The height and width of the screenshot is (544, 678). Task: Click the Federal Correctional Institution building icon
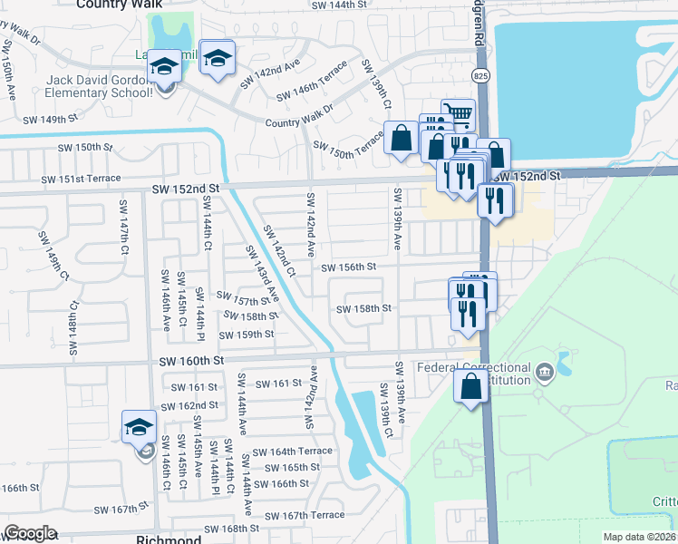[x=544, y=370]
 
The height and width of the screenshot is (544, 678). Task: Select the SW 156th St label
[x=348, y=267]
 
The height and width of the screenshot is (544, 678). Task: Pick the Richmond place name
[x=168, y=539]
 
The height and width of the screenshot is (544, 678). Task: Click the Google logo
[x=30, y=532]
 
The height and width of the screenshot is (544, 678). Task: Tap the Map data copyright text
[x=639, y=537]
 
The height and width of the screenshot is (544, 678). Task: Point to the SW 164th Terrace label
[x=293, y=452]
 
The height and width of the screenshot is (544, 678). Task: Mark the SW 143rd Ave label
[x=262, y=271]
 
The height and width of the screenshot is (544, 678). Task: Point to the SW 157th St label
[x=243, y=298]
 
